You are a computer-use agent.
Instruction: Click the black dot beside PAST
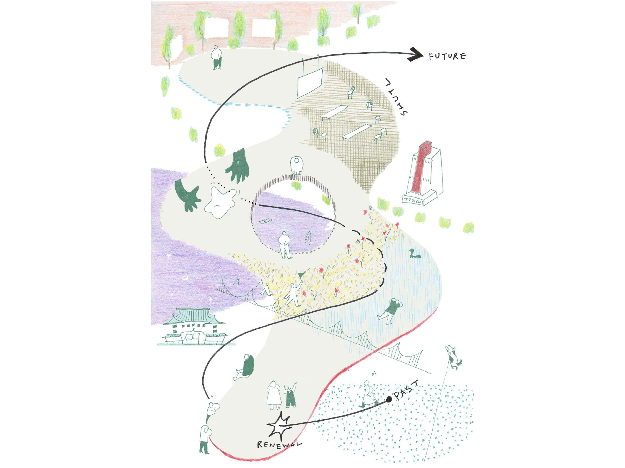(389, 400)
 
